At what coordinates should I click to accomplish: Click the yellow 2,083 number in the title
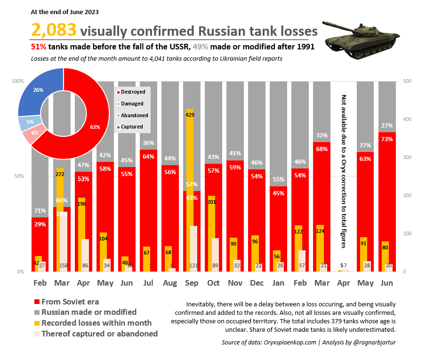54,31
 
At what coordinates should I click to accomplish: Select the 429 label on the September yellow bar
190,115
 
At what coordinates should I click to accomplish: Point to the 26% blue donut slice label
39,90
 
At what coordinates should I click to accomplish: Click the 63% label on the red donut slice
96,127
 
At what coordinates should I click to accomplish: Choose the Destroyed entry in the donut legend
133,92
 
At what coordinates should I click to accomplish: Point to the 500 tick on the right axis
408,81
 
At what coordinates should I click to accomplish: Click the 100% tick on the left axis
17,81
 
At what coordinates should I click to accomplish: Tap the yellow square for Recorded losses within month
36,323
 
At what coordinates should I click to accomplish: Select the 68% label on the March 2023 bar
322,149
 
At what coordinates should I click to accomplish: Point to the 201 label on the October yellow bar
212,202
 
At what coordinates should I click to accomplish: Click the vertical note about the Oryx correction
343,172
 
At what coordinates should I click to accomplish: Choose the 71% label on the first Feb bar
40,210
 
